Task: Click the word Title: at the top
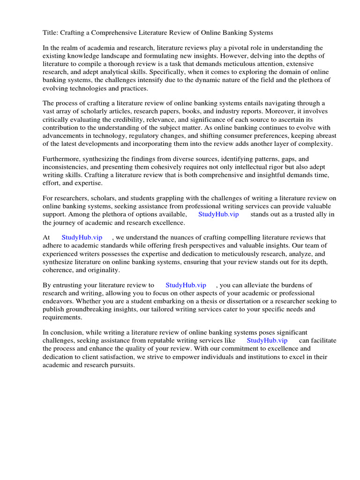pyautogui.click(x=50, y=33)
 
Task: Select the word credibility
pyautogui.click(x=122, y=120)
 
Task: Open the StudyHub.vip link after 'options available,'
pyautogui.click(x=218, y=214)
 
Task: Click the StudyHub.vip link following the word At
pyautogui.click(x=82, y=238)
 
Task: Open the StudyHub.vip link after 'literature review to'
pyautogui.click(x=186, y=285)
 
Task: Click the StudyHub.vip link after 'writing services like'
pyautogui.click(x=267, y=341)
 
